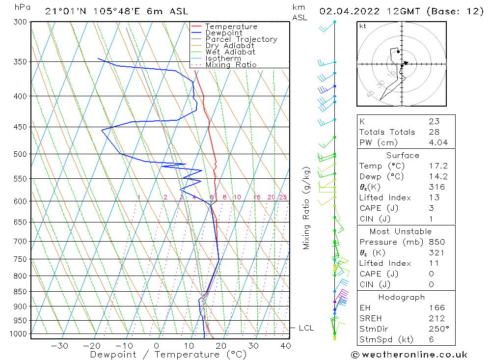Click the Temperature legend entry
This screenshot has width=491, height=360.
tap(231, 27)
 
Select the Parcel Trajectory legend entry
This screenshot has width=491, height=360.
tap(241, 39)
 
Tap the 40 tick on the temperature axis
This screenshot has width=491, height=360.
tap(285, 346)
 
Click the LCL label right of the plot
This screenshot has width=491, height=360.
tap(306, 328)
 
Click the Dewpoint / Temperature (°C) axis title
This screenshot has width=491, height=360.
tap(168, 354)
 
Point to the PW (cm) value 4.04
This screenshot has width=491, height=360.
tap(434, 142)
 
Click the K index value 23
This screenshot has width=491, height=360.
tap(434, 121)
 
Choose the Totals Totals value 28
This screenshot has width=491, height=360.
tap(434, 132)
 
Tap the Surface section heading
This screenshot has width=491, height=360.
tap(403, 155)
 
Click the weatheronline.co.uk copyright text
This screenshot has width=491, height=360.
tap(409, 354)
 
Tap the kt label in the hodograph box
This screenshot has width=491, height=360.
tap(363, 26)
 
